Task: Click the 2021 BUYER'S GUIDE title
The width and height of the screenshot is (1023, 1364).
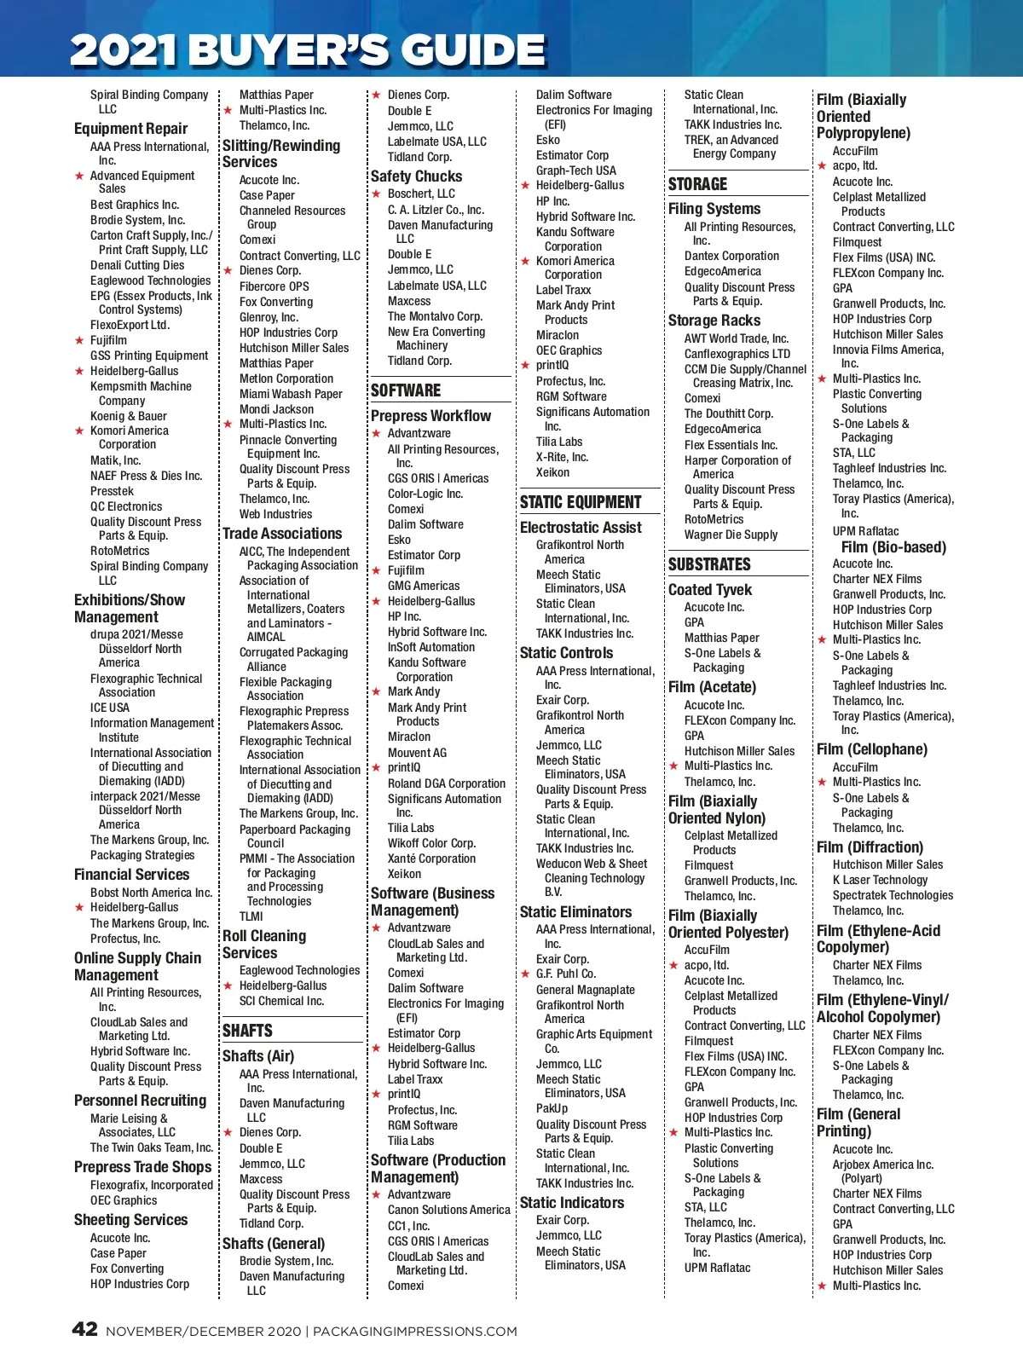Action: (x=308, y=50)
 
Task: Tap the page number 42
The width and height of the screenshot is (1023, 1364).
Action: (x=84, y=1329)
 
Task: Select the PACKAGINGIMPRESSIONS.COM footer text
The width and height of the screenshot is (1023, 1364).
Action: (x=415, y=1331)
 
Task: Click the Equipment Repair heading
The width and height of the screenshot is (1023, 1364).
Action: (x=130, y=129)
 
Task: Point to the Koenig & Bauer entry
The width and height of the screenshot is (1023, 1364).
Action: (x=129, y=416)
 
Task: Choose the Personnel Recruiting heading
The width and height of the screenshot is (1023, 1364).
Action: (x=140, y=1101)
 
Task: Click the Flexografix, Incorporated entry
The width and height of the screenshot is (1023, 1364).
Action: (x=152, y=1185)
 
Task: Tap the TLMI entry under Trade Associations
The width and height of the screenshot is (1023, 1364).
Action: (x=251, y=916)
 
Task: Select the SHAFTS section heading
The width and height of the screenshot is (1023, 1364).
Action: (x=247, y=1031)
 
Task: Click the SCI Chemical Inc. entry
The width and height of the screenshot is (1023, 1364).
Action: (x=281, y=1001)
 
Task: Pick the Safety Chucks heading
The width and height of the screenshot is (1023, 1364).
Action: (x=416, y=176)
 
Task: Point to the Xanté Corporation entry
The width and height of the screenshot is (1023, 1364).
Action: (x=431, y=858)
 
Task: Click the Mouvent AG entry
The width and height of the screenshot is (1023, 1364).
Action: (x=417, y=753)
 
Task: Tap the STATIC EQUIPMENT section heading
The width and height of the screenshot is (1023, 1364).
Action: (x=581, y=502)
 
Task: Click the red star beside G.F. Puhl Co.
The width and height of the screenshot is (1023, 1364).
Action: (x=525, y=974)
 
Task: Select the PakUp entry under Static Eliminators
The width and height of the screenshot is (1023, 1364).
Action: (x=552, y=1108)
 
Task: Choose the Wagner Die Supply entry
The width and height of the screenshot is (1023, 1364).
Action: (x=731, y=535)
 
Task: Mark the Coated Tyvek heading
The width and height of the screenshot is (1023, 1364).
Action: (x=710, y=590)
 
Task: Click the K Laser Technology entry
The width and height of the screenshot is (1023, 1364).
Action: (x=880, y=880)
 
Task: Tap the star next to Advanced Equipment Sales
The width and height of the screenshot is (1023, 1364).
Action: (x=79, y=176)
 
